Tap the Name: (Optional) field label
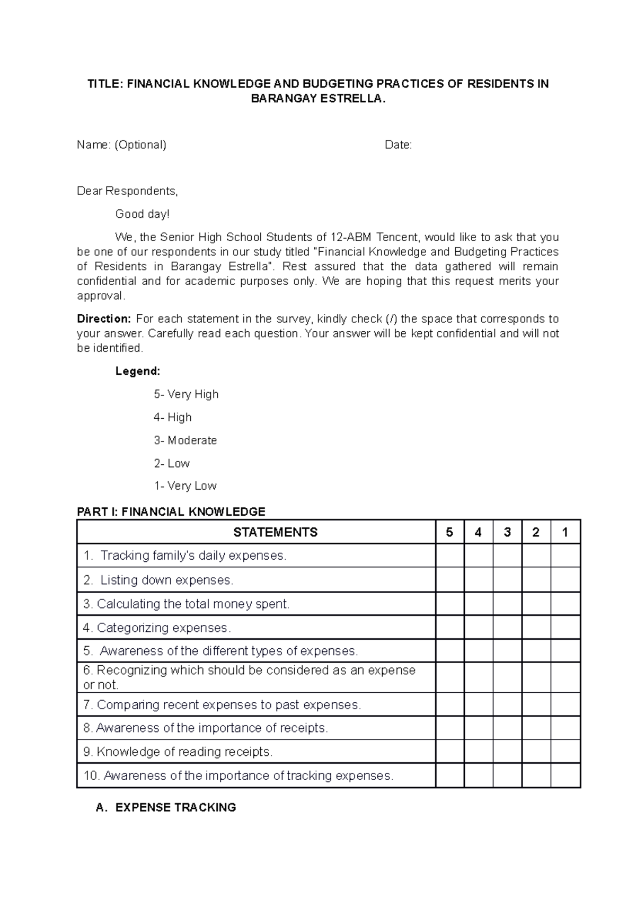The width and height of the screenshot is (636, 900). (x=121, y=145)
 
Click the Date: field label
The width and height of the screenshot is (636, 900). (x=398, y=145)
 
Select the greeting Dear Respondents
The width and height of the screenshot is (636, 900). (x=127, y=191)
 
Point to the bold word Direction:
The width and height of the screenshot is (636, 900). (x=103, y=319)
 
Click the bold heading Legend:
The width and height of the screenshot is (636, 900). (x=137, y=371)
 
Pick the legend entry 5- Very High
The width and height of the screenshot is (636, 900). (x=186, y=394)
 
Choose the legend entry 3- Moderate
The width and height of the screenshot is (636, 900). (x=185, y=440)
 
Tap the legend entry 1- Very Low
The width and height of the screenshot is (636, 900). (x=185, y=486)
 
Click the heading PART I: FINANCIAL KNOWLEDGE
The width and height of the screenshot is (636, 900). (x=171, y=512)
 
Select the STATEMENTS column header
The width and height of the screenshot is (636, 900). (x=275, y=532)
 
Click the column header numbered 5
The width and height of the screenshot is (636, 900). (x=449, y=532)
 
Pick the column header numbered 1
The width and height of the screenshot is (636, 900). (x=565, y=532)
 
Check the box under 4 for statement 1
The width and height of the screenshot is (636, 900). (x=478, y=555)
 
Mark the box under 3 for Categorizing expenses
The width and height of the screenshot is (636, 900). (x=507, y=628)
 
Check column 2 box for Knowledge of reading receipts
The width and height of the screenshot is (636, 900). (x=536, y=752)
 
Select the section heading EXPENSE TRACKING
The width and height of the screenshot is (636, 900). (x=175, y=808)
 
